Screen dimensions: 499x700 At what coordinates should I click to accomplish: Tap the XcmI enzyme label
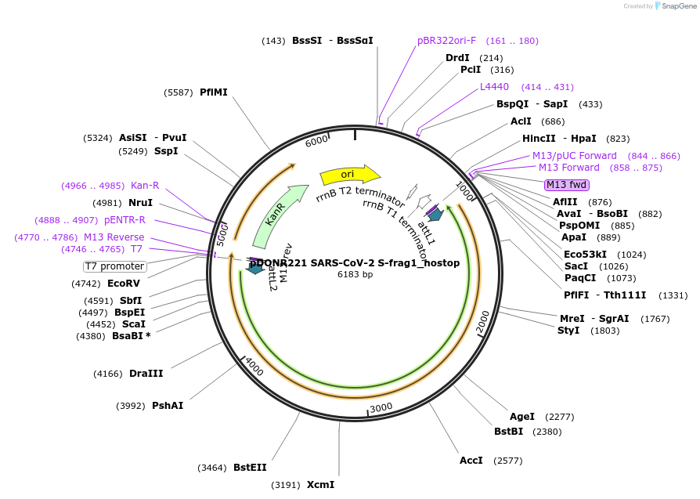coord(320,485)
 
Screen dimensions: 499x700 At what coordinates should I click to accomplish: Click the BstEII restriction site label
coord(250,468)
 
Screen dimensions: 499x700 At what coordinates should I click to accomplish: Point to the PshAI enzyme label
coord(168,405)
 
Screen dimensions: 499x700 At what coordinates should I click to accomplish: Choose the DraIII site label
coord(146,374)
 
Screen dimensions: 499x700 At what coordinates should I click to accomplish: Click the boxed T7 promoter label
coord(115,266)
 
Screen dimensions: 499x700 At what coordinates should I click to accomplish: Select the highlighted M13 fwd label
coord(567,185)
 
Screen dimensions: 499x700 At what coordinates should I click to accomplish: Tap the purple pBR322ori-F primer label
coord(446,41)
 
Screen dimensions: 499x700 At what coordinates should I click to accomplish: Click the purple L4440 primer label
coord(494,87)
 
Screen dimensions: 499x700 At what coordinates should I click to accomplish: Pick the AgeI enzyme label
coord(522,417)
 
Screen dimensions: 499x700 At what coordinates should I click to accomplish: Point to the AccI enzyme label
coord(471,461)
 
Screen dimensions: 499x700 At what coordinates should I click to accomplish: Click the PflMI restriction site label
coord(214,92)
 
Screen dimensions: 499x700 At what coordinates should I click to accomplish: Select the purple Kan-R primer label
coord(145,186)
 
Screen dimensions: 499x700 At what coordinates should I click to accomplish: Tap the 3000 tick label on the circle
coord(381,408)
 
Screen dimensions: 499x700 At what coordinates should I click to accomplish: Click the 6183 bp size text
coord(355,274)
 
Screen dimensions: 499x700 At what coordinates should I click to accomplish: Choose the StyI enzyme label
coord(568,331)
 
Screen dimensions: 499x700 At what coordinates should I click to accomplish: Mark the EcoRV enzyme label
coord(123,284)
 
